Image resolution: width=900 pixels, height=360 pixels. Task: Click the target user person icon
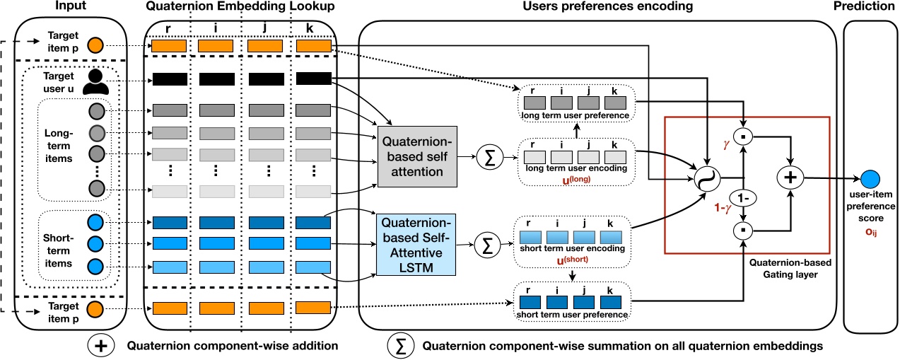coord(95,83)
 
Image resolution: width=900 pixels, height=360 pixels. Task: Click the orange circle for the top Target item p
coord(96,46)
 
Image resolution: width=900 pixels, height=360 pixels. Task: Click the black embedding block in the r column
coord(168,80)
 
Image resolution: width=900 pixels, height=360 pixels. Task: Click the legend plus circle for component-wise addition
coord(102,346)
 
